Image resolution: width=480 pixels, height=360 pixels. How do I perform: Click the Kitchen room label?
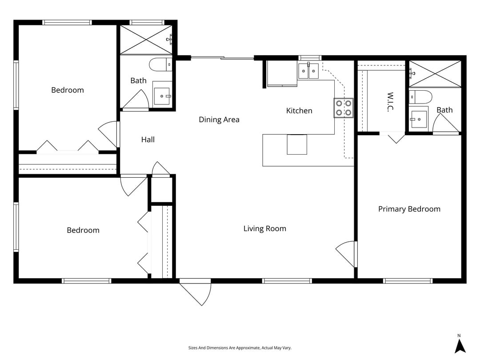click(x=299, y=111)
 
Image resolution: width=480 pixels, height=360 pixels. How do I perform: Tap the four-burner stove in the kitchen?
click(x=344, y=108)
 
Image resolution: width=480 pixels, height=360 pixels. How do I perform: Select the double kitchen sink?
click(x=308, y=71)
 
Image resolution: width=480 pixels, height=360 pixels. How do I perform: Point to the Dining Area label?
click(x=219, y=120)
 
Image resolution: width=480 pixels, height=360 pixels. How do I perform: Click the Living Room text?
click(x=265, y=229)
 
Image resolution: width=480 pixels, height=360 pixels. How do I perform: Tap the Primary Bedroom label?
click(x=409, y=209)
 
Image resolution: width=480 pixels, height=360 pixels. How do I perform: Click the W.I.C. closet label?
click(x=390, y=102)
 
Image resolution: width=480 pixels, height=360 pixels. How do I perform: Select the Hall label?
click(x=148, y=140)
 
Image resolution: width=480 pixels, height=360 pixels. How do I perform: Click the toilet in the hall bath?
click(x=160, y=64)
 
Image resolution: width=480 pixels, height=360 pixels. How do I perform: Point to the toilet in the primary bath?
click(x=420, y=97)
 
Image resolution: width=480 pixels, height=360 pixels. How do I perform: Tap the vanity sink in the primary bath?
click(x=419, y=119)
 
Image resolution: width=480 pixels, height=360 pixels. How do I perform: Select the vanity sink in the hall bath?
click(x=162, y=96)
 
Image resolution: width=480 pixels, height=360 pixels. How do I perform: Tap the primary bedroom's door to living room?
click(x=347, y=254)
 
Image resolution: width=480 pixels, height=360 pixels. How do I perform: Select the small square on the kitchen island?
click(x=297, y=144)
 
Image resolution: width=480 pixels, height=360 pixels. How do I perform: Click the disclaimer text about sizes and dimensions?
click(x=240, y=348)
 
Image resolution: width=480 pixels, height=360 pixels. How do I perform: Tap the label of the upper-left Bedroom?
click(x=68, y=90)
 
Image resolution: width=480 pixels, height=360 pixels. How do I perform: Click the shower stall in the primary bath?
click(x=435, y=74)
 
